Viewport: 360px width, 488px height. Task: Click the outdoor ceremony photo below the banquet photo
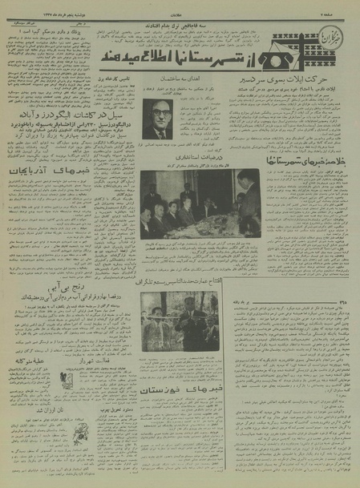pos(180,321)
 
